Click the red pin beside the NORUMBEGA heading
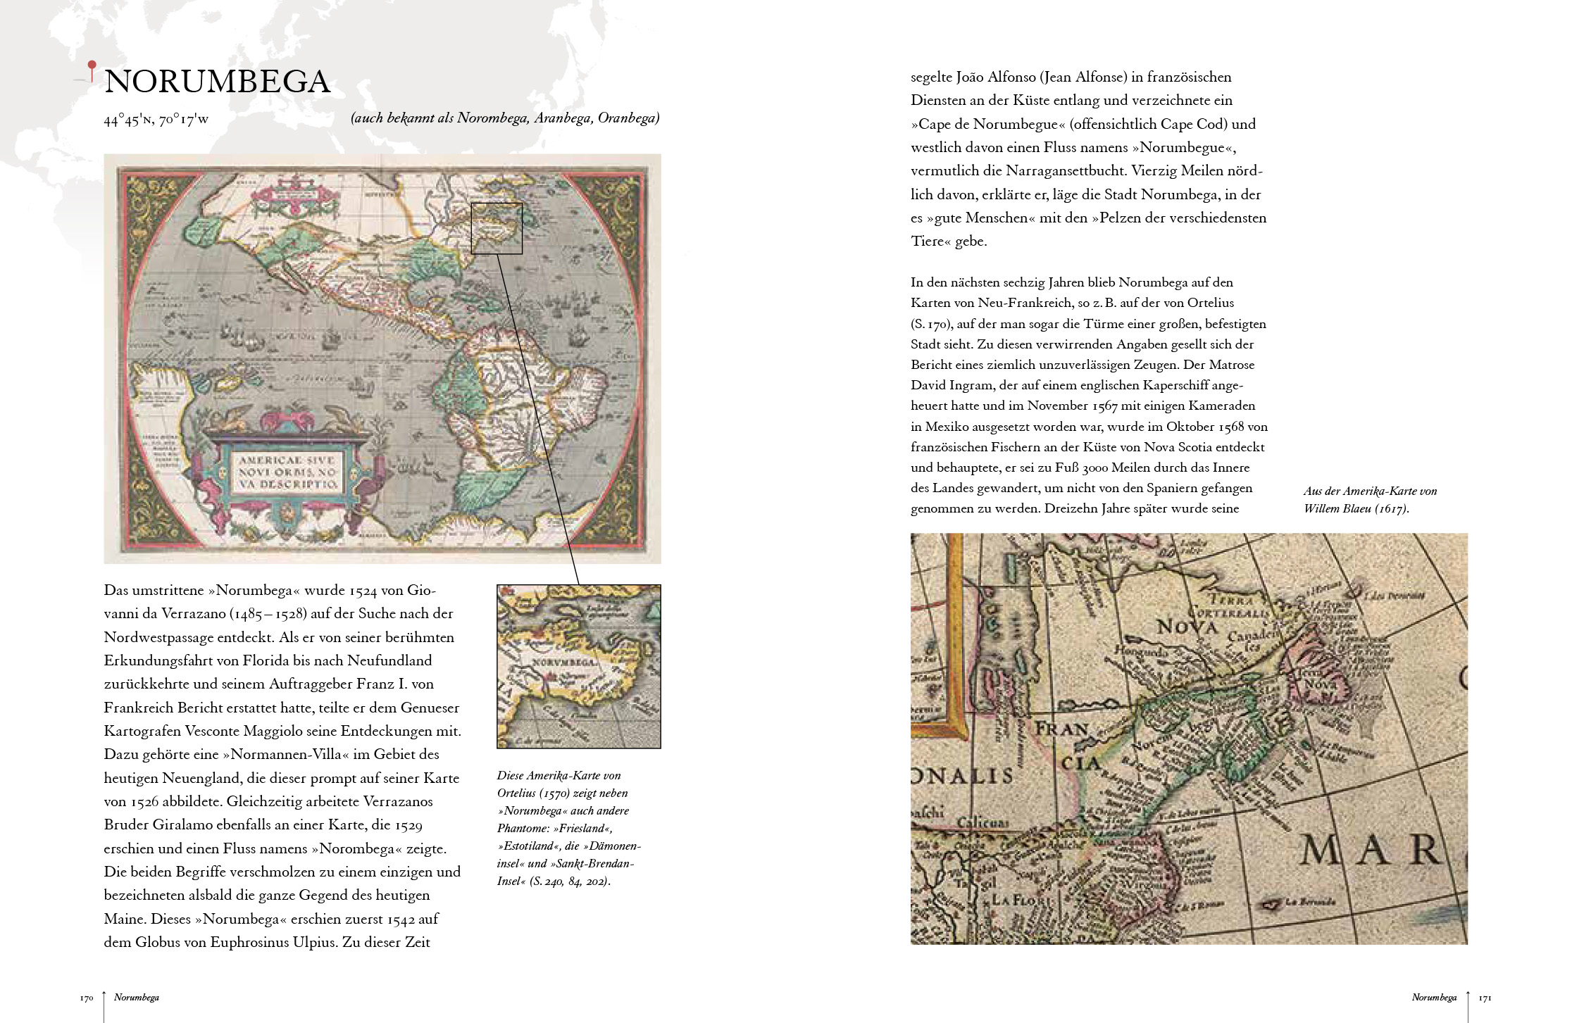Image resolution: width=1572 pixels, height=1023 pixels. click(x=92, y=67)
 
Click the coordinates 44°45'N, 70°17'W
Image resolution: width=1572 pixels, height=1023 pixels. click(x=156, y=120)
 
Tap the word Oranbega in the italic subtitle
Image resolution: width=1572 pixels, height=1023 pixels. click(x=628, y=118)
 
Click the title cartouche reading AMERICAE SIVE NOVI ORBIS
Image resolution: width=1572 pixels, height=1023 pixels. click(x=286, y=472)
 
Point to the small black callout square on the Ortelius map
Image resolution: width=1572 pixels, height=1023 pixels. click(x=497, y=228)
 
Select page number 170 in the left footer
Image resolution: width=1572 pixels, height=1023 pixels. click(x=87, y=998)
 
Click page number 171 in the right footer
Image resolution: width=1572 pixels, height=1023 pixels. click(x=1485, y=998)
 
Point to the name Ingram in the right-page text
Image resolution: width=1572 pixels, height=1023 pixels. click(x=970, y=386)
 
